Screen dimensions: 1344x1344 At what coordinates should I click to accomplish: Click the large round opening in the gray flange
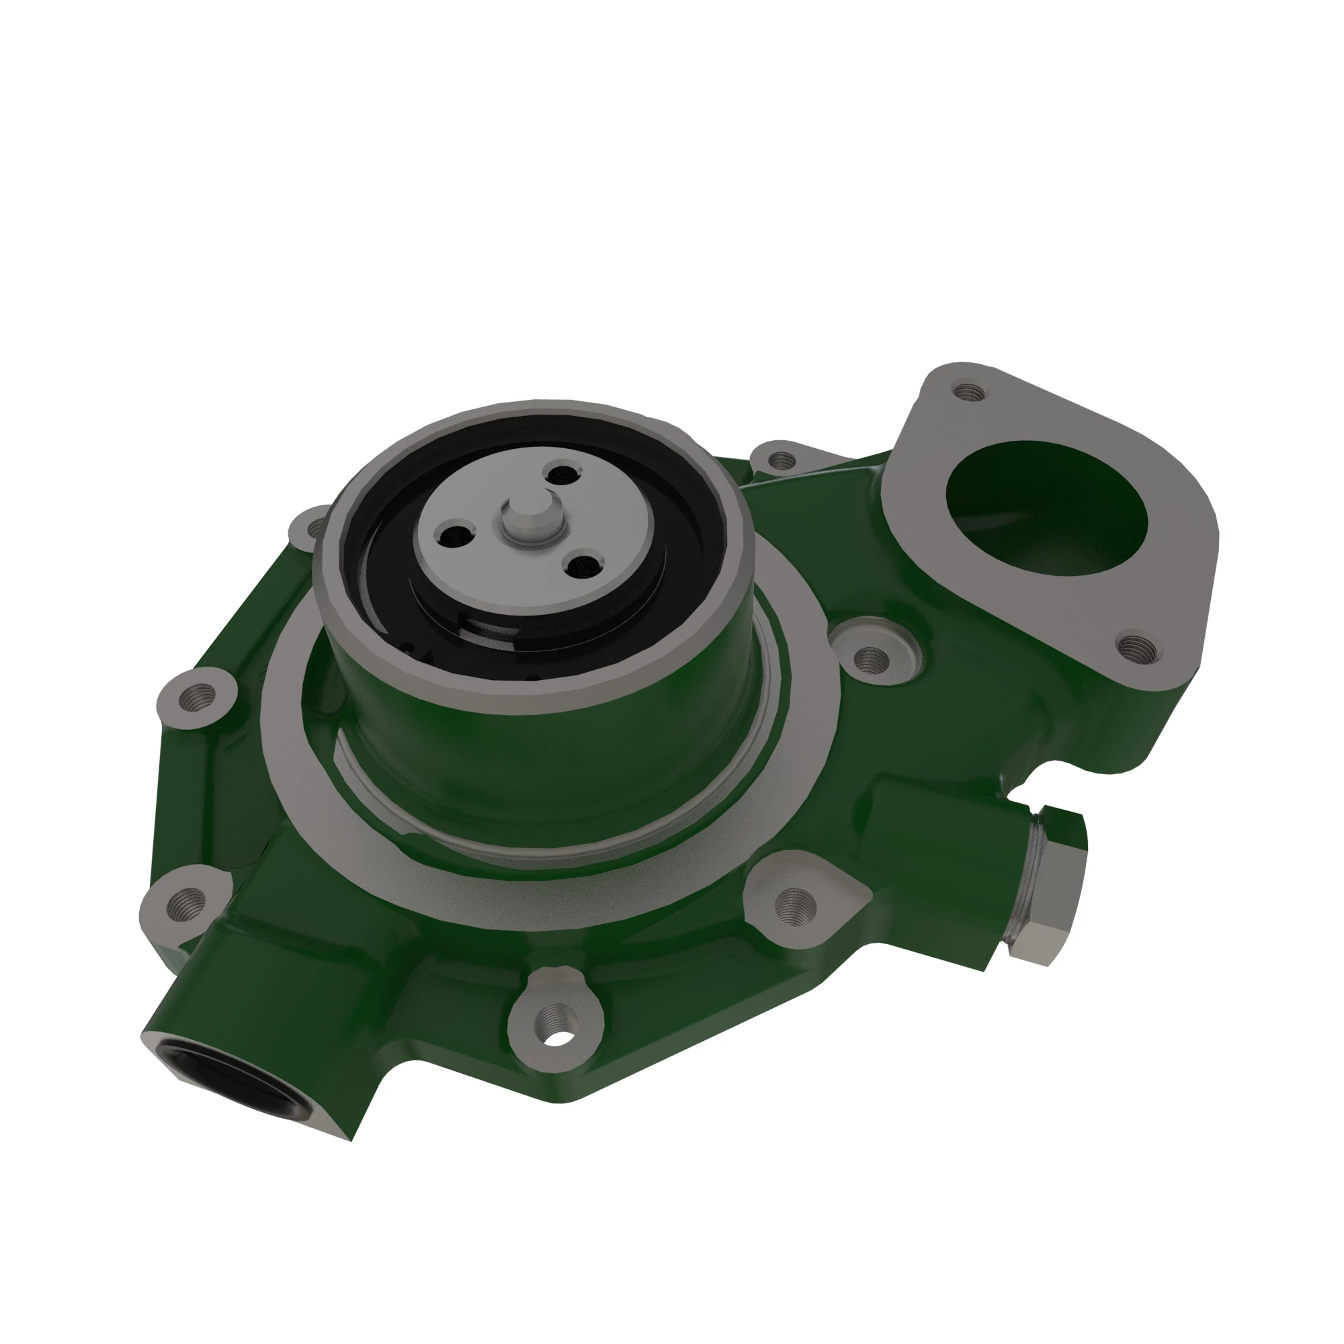(x=1047, y=506)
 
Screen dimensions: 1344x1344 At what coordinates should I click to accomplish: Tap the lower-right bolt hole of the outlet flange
(x=1140, y=650)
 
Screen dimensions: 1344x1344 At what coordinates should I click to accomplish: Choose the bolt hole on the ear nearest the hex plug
(x=796, y=905)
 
